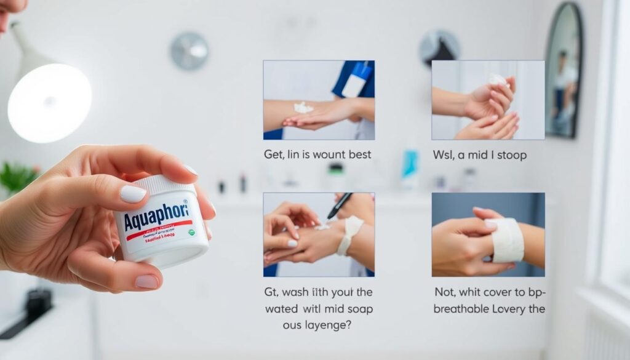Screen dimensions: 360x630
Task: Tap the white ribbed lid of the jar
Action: pos(162,185)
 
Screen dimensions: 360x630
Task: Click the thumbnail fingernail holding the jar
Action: pos(133,194)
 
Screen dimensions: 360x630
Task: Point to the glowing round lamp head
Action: pos(49,102)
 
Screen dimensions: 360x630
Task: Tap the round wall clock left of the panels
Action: pos(188,50)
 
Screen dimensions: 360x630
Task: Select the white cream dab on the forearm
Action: pos(303,108)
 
